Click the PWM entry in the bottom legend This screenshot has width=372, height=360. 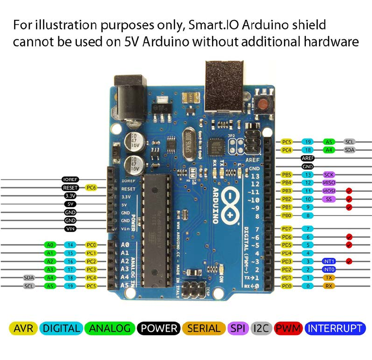coord(288,328)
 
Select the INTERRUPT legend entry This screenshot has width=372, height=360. coord(336,328)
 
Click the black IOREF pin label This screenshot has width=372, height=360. coord(71,180)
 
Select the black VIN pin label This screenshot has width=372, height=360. coord(71,229)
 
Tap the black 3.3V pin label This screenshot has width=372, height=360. coord(71,196)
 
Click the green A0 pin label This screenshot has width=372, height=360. coord(50,245)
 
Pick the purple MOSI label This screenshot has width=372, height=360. coord(329,191)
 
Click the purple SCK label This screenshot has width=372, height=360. coord(329,174)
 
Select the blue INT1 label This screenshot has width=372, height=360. coord(329,261)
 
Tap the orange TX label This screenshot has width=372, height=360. coord(329,278)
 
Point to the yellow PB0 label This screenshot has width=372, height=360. coord(287,215)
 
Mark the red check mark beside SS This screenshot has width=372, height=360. coord(349,199)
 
